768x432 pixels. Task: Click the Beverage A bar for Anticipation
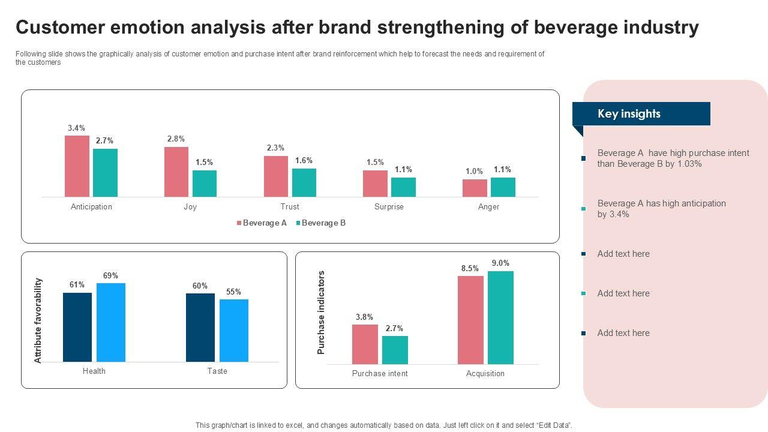(77, 166)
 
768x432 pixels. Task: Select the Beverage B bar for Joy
(205, 184)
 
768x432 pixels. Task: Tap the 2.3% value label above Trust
(275, 148)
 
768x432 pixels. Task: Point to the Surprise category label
(389, 207)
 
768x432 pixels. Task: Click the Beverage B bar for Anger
(503, 187)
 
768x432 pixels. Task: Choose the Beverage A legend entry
(261, 223)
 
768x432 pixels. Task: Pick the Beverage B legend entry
(320, 223)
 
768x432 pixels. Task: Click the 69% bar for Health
(110, 322)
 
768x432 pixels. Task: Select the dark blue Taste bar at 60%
(200, 328)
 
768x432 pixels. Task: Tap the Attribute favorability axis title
(38, 320)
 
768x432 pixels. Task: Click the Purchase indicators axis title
(321, 313)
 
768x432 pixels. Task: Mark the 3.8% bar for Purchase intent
(365, 344)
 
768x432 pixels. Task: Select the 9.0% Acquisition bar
(500, 317)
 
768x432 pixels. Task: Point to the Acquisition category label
(485, 374)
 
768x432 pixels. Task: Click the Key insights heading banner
(641, 114)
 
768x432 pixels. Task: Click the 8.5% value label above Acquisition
(470, 269)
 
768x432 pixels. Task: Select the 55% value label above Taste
(233, 292)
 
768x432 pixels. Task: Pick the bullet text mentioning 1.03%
(673, 158)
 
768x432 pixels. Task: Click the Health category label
(94, 371)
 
